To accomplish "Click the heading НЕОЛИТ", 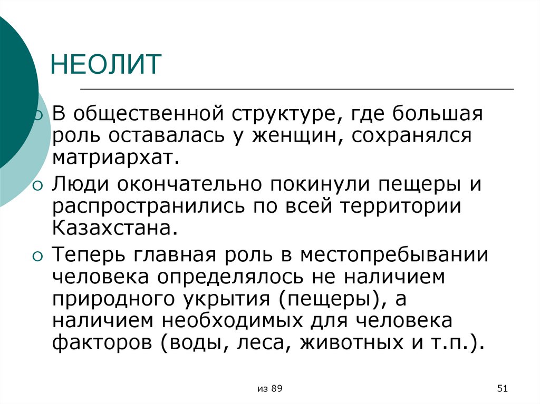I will (105, 64).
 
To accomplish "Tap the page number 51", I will (502, 389).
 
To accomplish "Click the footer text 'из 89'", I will (270, 389).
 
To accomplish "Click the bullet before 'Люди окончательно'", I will (37, 185).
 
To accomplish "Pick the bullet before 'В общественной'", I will (37, 115).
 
